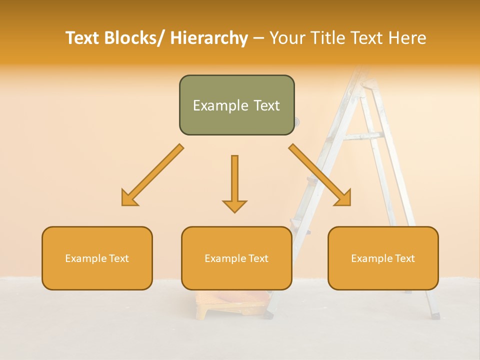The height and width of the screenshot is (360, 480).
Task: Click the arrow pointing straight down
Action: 234,183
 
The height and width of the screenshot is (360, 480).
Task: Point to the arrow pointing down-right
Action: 320,175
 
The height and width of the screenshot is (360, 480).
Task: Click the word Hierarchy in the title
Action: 209,38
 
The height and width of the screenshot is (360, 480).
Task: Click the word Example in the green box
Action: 213,105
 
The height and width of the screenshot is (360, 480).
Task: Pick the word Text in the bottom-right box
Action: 404,258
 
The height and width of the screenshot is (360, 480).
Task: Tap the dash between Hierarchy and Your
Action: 258,38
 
